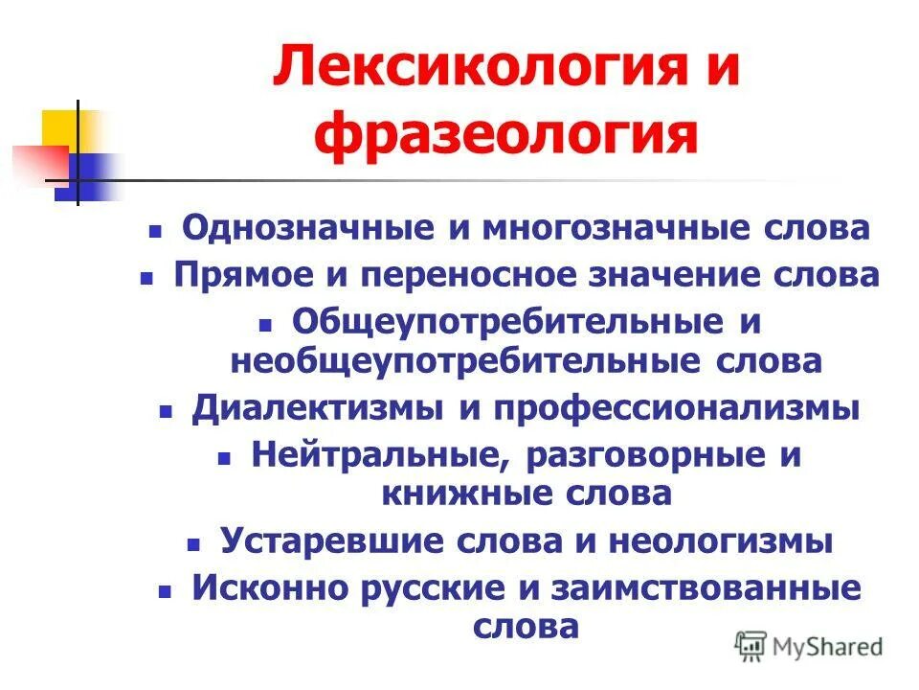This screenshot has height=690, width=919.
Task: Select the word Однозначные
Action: point(303,229)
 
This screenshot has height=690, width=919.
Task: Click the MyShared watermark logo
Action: point(809,646)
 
